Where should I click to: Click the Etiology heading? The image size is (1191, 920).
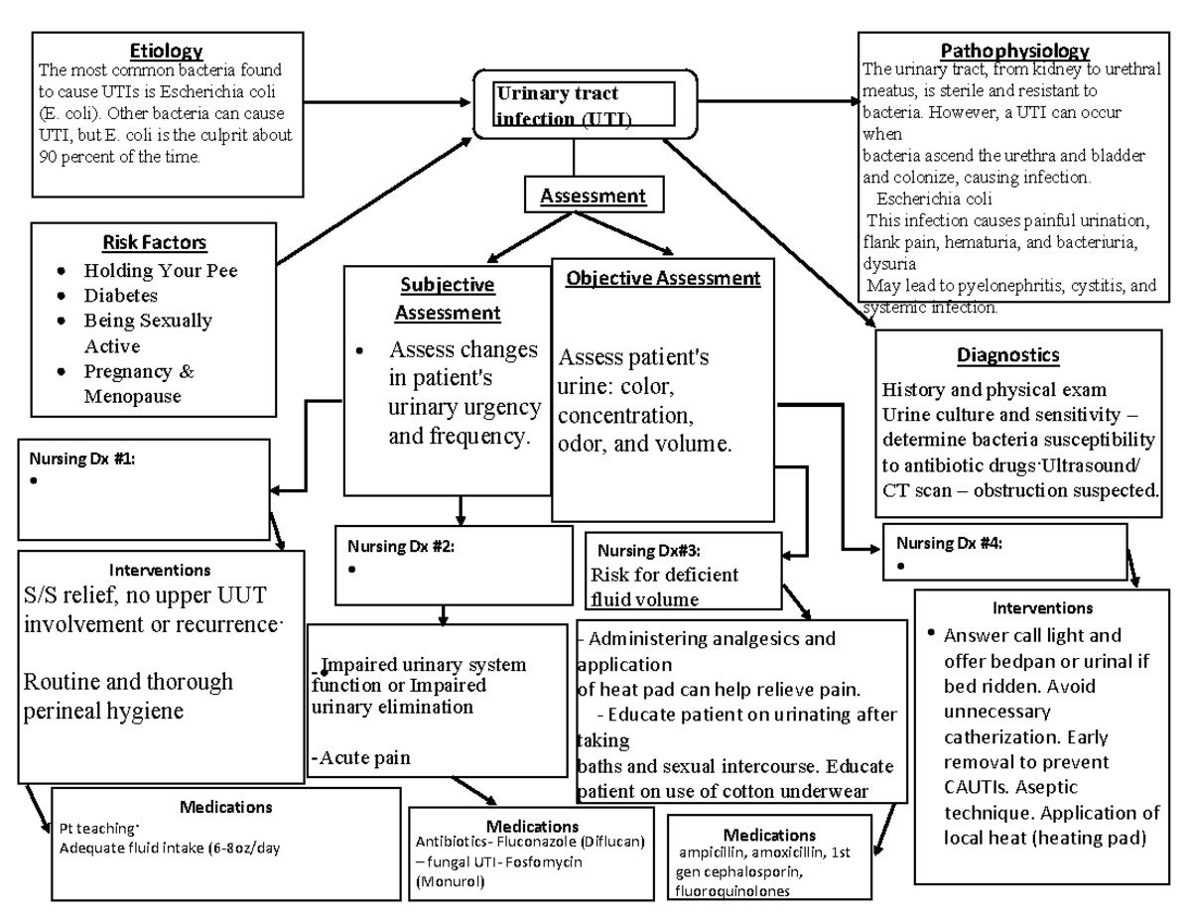pyautogui.click(x=167, y=51)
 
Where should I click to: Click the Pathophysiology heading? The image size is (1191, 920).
pyautogui.click(x=1014, y=51)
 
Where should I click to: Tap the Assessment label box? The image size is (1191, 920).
pyautogui.click(x=593, y=197)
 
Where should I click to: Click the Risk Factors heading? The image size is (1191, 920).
pyautogui.click(x=154, y=242)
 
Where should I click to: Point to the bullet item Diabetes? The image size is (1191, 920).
pyautogui.click(x=120, y=296)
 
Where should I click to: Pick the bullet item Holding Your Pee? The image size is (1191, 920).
pyautogui.click(x=160, y=270)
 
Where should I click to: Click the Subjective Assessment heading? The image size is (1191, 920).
pyautogui.click(x=448, y=299)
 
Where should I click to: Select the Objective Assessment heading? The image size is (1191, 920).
pyautogui.click(x=663, y=279)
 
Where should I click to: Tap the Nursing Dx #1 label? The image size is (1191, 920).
pyautogui.click(x=82, y=460)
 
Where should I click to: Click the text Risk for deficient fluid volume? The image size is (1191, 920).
pyautogui.click(x=664, y=587)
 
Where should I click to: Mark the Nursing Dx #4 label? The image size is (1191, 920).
pyautogui.click(x=949, y=543)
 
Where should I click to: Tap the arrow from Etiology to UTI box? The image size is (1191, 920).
pyautogui.click(x=387, y=102)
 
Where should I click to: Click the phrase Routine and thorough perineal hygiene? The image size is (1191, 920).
pyautogui.click(x=128, y=696)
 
